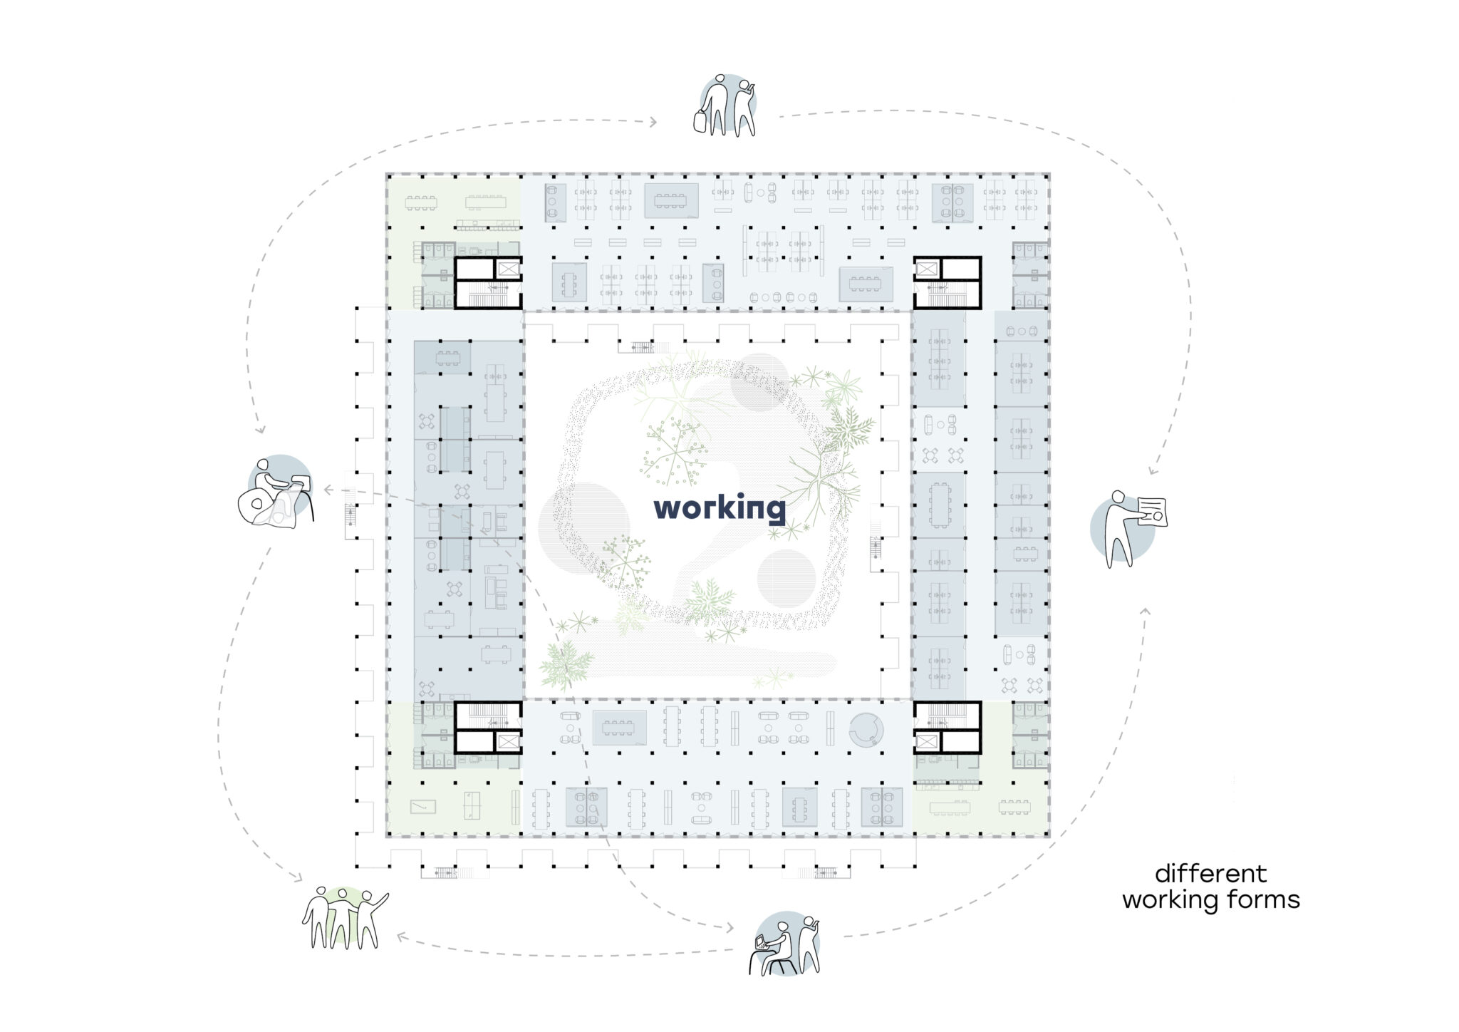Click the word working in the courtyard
point(720,509)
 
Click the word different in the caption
point(1210,873)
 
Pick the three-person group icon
point(345,919)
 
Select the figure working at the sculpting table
point(275,492)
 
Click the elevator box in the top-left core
point(509,269)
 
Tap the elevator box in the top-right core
point(925,269)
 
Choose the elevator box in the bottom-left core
point(509,742)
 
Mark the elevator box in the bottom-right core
point(925,742)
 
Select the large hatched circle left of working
point(584,529)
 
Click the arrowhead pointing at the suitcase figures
point(653,123)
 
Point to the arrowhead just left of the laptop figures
point(729,927)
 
